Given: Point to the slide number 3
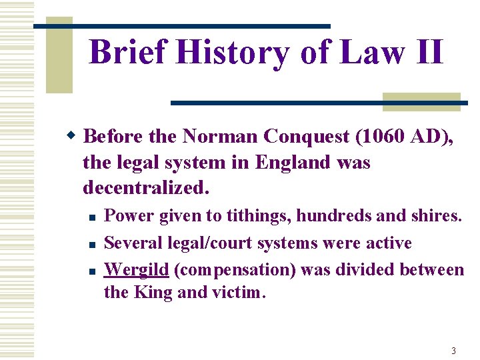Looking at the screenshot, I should (x=453, y=351).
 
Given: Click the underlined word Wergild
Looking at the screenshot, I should (x=137, y=270).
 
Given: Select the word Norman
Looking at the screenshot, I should (x=220, y=136).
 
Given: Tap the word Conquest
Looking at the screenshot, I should (x=307, y=137).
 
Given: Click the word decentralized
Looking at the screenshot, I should (x=145, y=189).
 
